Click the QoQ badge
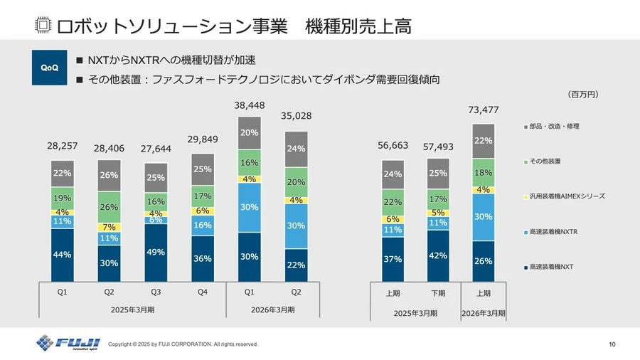(x=50, y=68)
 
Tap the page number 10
(x=612, y=344)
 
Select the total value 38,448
(x=250, y=105)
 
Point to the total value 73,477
(x=483, y=110)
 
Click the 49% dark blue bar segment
(x=156, y=253)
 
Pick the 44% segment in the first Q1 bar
(x=63, y=255)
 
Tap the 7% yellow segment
(x=110, y=227)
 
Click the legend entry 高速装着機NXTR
(x=555, y=231)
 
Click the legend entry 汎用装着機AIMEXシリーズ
(x=565, y=196)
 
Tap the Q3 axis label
(x=156, y=292)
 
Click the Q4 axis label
(x=203, y=292)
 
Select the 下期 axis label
(x=438, y=293)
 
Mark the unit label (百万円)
(x=583, y=93)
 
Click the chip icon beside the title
(x=43, y=26)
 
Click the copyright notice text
(x=183, y=344)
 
